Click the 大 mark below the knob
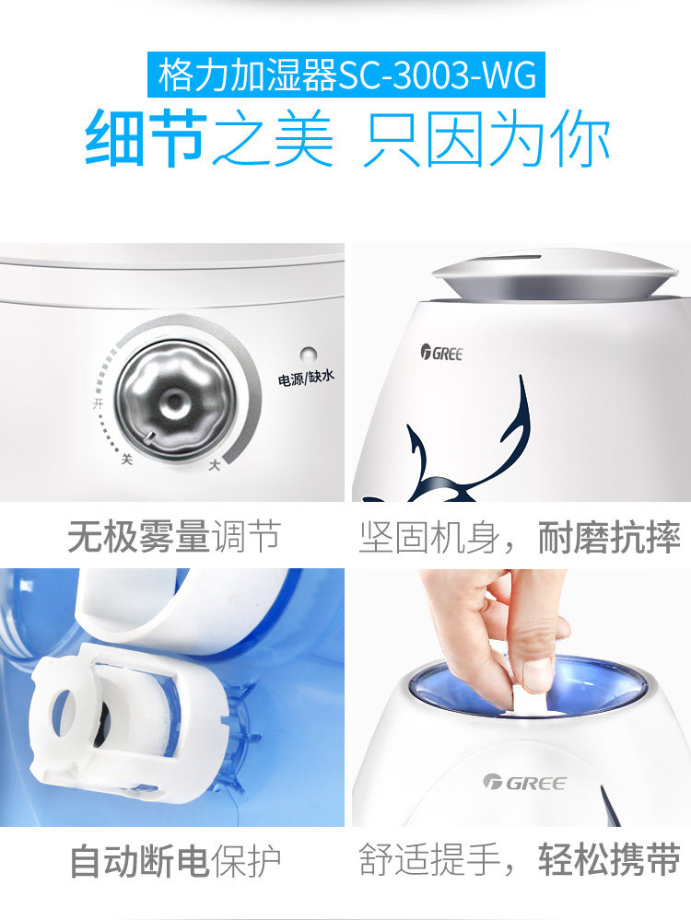pyautogui.click(x=215, y=465)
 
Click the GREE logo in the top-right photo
pyautogui.click(x=441, y=352)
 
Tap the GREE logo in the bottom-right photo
pyautogui.click(x=525, y=783)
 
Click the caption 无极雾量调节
pyautogui.click(x=172, y=536)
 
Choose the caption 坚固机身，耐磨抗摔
pyautogui.click(x=520, y=537)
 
